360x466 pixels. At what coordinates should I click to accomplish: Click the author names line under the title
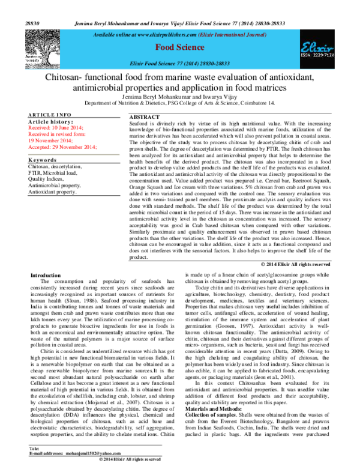pyautogui.click(x=179, y=97)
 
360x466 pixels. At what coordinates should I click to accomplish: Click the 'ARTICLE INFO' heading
pyautogui.click(x=50, y=115)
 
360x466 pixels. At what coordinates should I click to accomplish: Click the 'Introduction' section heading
pyautogui.click(x=45, y=274)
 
